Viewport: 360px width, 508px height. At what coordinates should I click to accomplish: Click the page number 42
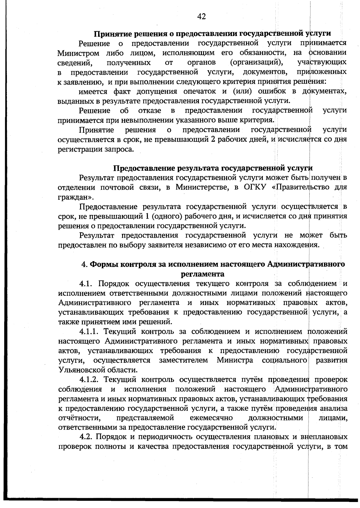pyautogui.click(x=201, y=17)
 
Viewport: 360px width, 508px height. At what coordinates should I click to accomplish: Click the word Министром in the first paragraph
pyautogui.click(x=78, y=53)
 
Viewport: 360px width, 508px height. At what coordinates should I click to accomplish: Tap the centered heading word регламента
pyautogui.click(x=202, y=274)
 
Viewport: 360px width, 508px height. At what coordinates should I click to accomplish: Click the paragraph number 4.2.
pyautogui.click(x=87, y=437)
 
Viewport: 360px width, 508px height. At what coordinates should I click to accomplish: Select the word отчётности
pyautogui.click(x=79, y=418)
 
